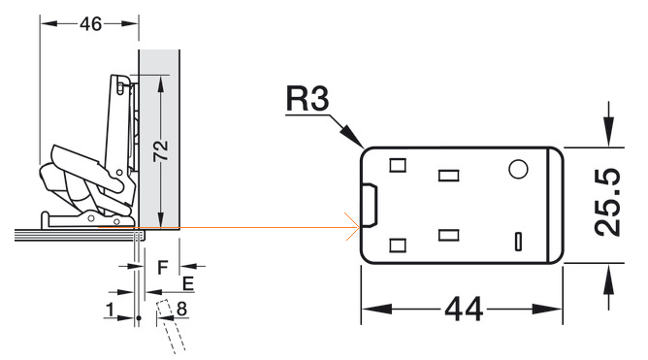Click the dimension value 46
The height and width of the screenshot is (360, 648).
coord(90,24)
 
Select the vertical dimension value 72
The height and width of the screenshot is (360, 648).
coord(161,150)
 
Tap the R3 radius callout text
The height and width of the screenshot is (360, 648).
coord(308,98)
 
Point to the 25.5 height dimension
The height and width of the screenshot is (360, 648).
coord(607,202)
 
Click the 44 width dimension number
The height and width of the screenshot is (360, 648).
coord(464,309)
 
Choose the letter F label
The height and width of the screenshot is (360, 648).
coord(163,268)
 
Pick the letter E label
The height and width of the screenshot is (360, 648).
coord(188,284)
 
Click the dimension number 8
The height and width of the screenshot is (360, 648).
coord(181,309)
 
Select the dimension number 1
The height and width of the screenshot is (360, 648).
coord(110,310)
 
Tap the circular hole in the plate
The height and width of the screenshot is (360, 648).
coord(518,169)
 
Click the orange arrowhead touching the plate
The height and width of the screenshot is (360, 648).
coord(353,226)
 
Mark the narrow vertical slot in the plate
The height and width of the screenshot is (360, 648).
coord(518,242)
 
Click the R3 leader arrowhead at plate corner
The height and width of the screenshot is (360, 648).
coord(354,137)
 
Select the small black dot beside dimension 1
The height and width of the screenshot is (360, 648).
coord(139,318)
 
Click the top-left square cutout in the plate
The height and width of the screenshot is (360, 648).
coord(398,165)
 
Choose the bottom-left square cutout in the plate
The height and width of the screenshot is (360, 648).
coord(398,245)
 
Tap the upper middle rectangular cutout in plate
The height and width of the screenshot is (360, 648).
coord(449,176)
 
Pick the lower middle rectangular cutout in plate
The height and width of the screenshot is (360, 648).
coord(449,236)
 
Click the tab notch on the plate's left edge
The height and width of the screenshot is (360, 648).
coord(370,206)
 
